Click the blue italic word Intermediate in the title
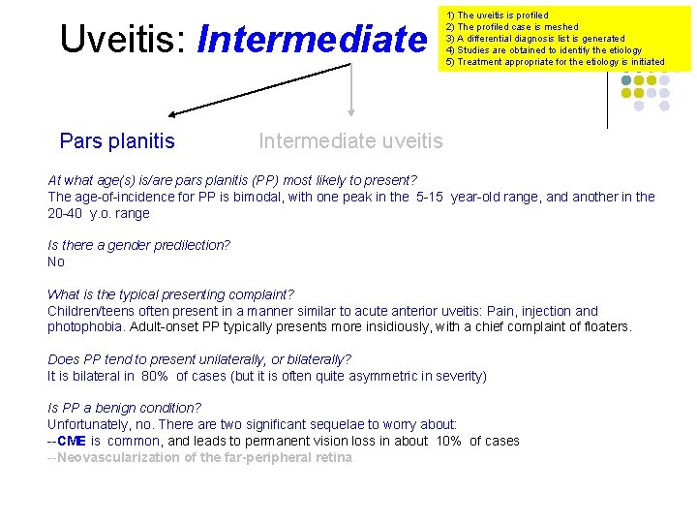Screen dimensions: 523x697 tap(311, 39)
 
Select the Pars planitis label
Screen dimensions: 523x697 tap(117, 141)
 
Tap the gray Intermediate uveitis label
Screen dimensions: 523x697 tap(350, 141)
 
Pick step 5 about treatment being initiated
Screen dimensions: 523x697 tap(555, 62)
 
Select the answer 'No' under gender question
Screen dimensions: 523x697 tap(56, 261)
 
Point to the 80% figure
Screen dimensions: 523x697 tap(155, 376)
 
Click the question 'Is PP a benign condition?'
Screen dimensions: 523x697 tap(125, 408)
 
